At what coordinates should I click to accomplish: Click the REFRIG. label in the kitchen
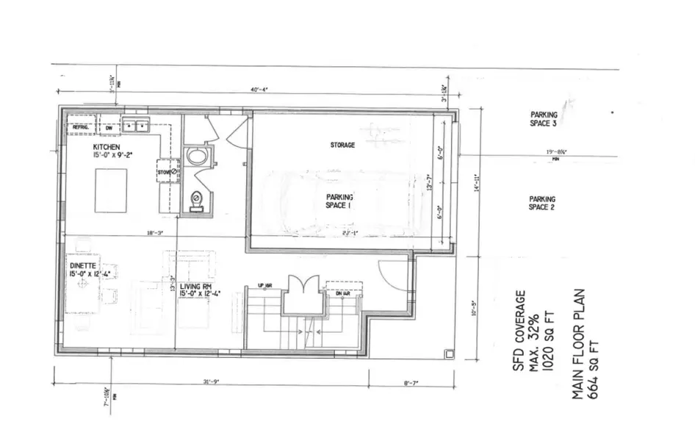point(79,127)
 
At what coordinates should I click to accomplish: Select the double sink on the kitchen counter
point(136,126)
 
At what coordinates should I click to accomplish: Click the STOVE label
point(164,173)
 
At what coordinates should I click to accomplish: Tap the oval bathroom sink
point(197,157)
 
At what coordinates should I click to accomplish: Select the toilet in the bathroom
point(196,201)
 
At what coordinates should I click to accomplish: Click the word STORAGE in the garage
point(342,146)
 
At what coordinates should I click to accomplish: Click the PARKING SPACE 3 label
point(544,119)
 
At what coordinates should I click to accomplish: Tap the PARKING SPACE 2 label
point(541,204)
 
